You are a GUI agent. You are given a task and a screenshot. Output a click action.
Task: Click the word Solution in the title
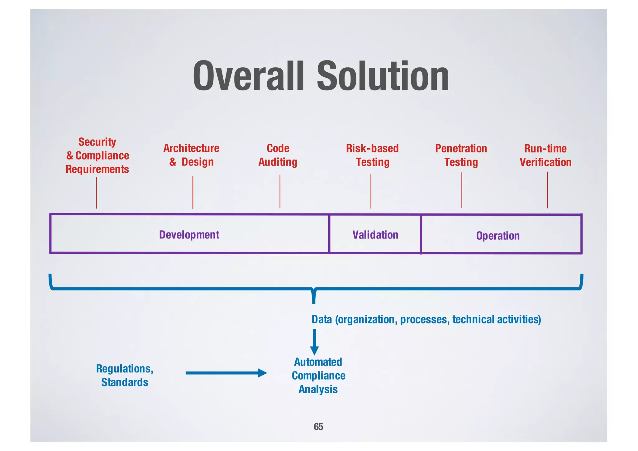coord(383,76)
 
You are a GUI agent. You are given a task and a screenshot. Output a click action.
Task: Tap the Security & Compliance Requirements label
coord(97,156)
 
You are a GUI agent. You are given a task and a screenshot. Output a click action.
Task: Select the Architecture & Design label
coord(191,155)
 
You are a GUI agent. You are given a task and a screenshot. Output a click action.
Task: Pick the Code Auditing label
coord(278,155)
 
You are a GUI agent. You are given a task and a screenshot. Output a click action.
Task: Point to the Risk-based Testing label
coord(373,155)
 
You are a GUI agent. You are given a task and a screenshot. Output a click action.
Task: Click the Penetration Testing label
coord(461,155)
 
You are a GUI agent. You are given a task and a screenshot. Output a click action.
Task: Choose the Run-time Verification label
coord(545,155)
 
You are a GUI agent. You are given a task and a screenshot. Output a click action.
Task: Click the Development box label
coord(189,234)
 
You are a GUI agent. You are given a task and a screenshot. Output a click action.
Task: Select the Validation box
coord(375,234)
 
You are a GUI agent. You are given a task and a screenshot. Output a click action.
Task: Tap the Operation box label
coord(498,236)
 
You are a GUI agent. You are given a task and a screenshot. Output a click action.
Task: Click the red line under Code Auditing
coord(280,191)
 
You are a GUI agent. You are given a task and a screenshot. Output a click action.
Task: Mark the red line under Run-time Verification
coord(547,190)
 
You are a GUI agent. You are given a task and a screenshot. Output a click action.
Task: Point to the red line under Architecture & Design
coord(193,192)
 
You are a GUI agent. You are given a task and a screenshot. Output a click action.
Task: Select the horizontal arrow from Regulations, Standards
coord(226,373)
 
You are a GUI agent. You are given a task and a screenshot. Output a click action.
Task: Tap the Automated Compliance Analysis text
coord(318,376)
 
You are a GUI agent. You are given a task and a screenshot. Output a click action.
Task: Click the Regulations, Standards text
coord(125,375)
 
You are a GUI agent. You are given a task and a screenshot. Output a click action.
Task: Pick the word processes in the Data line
coord(425,319)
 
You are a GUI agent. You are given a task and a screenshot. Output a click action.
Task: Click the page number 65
coord(318,426)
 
